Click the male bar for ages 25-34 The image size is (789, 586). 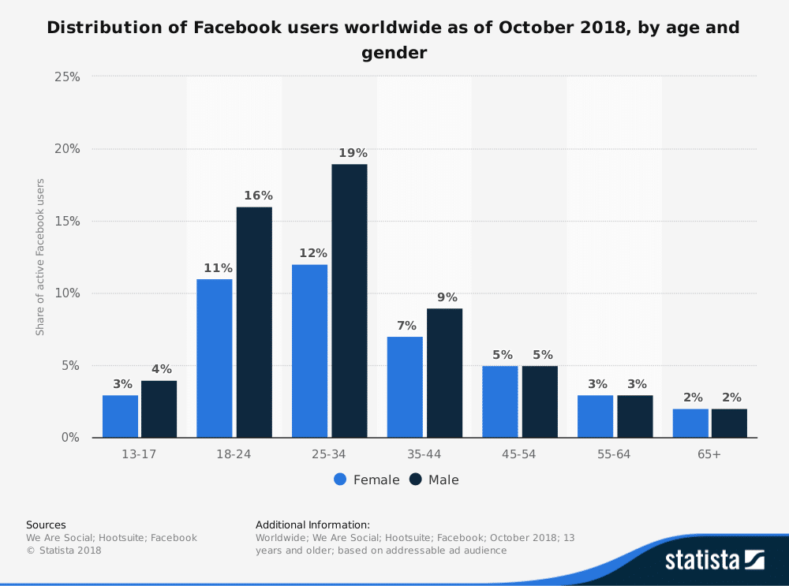349,300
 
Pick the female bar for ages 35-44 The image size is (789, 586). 405,386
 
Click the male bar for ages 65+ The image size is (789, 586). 729,423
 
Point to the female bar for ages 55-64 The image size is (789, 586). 595,416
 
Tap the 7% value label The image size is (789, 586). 405,326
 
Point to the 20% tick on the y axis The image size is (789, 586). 67,149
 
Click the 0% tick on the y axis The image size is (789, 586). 70,438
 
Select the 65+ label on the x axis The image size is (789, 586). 709,455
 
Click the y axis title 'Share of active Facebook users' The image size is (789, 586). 40,257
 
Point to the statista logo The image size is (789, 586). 714,560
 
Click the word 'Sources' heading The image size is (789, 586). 46,524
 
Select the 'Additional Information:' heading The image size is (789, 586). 312,524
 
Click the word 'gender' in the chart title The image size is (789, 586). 394,53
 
